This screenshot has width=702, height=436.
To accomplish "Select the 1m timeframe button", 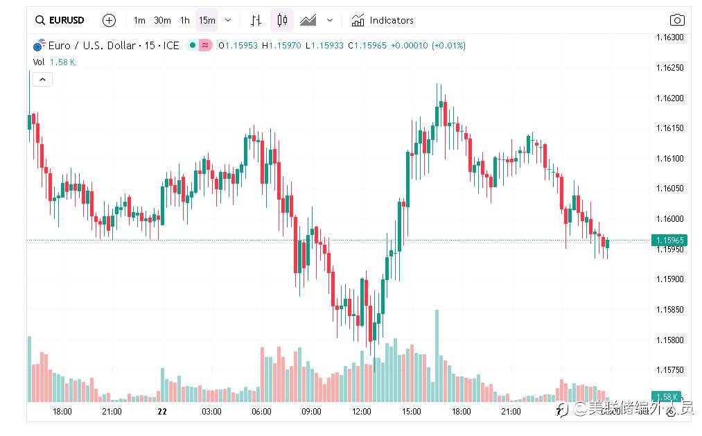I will click(x=139, y=20).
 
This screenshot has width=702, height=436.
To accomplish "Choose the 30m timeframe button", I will click(x=162, y=20).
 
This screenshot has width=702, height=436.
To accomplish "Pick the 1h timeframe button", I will click(x=184, y=20).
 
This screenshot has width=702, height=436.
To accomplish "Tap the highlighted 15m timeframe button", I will click(x=207, y=20).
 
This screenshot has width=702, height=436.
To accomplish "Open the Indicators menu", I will click(x=383, y=20).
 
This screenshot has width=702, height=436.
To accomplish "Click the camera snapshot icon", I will click(x=676, y=20).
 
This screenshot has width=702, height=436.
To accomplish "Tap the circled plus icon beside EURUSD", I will click(x=109, y=20).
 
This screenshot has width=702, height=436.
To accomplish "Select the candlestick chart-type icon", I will click(x=282, y=20).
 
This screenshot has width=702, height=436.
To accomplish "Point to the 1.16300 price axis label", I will click(x=669, y=37).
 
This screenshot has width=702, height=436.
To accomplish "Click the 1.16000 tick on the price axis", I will click(x=669, y=219).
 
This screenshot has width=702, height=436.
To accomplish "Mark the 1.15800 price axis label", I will click(x=669, y=340).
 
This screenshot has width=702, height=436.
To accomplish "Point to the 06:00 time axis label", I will click(x=261, y=412).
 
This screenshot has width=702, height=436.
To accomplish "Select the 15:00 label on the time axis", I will click(x=411, y=412).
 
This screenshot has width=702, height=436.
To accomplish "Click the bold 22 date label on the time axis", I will click(x=162, y=412).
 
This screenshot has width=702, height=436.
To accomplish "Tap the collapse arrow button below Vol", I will click(x=42, y=80).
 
